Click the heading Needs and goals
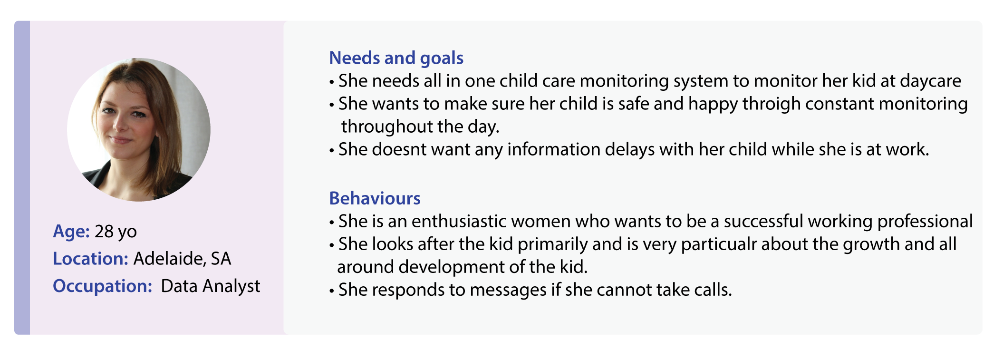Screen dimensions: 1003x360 coord(396,58)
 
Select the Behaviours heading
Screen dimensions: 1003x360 coord(375,198)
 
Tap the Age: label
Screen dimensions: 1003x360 coord(71,232)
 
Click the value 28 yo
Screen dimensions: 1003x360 coord(116,232)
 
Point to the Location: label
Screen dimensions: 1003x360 coord(90,259)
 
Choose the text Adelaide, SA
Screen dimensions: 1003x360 coord(182,259)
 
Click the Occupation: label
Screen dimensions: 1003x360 coord(102,286)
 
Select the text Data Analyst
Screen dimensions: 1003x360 coord(211,286)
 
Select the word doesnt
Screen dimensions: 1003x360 coord(400,149)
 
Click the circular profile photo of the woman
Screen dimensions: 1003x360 coord(139,129)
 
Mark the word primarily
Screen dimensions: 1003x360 coord(553,244)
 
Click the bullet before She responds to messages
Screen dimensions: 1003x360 coord(332,291)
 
